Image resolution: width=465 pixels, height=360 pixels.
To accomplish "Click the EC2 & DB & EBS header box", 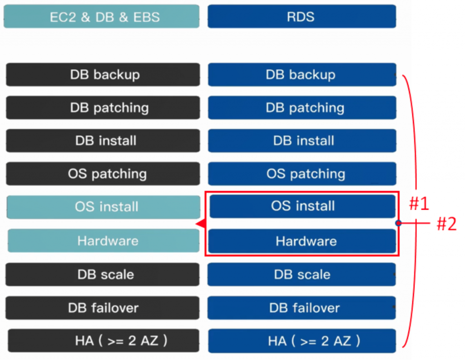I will click(x=102, y=17).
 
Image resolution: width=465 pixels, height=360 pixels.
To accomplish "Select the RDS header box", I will click(x=302, y=17).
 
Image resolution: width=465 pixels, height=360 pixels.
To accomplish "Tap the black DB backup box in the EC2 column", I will click(x=103, y=74).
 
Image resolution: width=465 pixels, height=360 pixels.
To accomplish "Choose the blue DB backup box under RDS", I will click(x=302, y=74).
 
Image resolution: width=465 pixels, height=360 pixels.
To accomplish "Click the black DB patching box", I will click(x=103, y=108).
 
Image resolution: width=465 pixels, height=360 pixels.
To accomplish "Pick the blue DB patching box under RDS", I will click(x=302, y=108).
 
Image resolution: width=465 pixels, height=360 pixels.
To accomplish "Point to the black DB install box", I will click(x=103, y=140).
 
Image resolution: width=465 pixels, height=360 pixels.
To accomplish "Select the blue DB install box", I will click(x=302, y=140).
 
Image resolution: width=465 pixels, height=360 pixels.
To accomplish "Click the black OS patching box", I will click(x=103, y=173).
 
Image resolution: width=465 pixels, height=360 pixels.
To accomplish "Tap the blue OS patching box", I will click(x=302, y=173).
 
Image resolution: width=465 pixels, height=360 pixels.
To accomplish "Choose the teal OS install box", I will click(x=104, y=207).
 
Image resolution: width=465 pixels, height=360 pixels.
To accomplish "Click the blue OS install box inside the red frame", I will click(x=302, y=206).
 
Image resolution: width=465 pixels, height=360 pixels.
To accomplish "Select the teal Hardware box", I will click(x=104, y=241).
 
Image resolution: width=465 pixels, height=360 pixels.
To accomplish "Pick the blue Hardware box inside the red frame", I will click(x=302, y=241).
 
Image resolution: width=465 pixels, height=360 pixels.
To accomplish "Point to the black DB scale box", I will click(x=103, y=274).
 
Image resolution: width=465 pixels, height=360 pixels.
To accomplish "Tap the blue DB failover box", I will click(x=302, y=308).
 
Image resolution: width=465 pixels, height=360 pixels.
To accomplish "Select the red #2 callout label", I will click(x=446, y=224).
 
